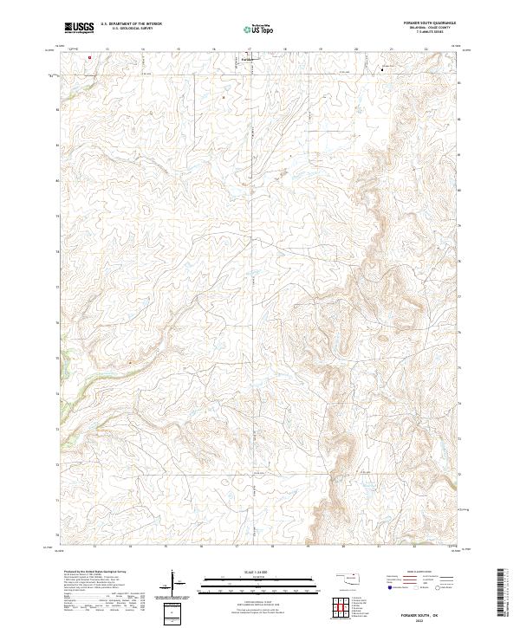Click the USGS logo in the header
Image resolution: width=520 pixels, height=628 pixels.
click(79, 28)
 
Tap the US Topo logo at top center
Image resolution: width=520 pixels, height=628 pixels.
click(260, 29)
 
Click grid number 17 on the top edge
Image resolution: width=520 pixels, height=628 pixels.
click(250, 49)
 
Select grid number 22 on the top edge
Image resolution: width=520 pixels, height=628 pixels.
click(426, 49)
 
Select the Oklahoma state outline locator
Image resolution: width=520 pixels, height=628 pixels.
click(352, 577)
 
